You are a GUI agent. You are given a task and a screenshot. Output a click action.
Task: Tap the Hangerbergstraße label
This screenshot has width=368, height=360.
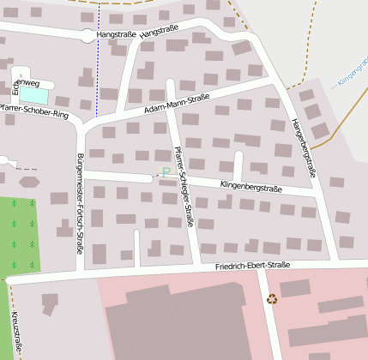click(x=305, y=147)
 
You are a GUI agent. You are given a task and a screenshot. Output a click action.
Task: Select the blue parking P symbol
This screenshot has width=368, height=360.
click(x=166, y=172)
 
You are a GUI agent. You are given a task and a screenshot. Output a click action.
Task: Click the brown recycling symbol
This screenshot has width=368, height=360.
click(x=272, y=299)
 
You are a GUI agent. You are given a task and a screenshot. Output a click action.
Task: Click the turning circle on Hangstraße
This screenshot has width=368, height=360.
click(x=87, y=36)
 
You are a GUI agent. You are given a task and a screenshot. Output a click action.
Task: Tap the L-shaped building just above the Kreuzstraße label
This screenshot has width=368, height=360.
click(x=49, y=303)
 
